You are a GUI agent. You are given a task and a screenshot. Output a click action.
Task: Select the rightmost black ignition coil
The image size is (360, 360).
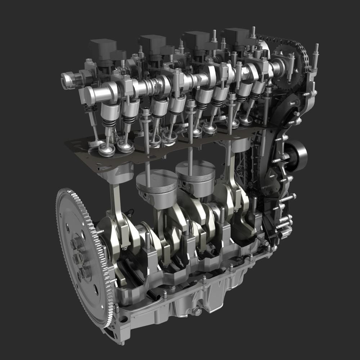(235, 37)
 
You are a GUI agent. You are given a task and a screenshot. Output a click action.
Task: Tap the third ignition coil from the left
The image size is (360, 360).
(197, 39)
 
